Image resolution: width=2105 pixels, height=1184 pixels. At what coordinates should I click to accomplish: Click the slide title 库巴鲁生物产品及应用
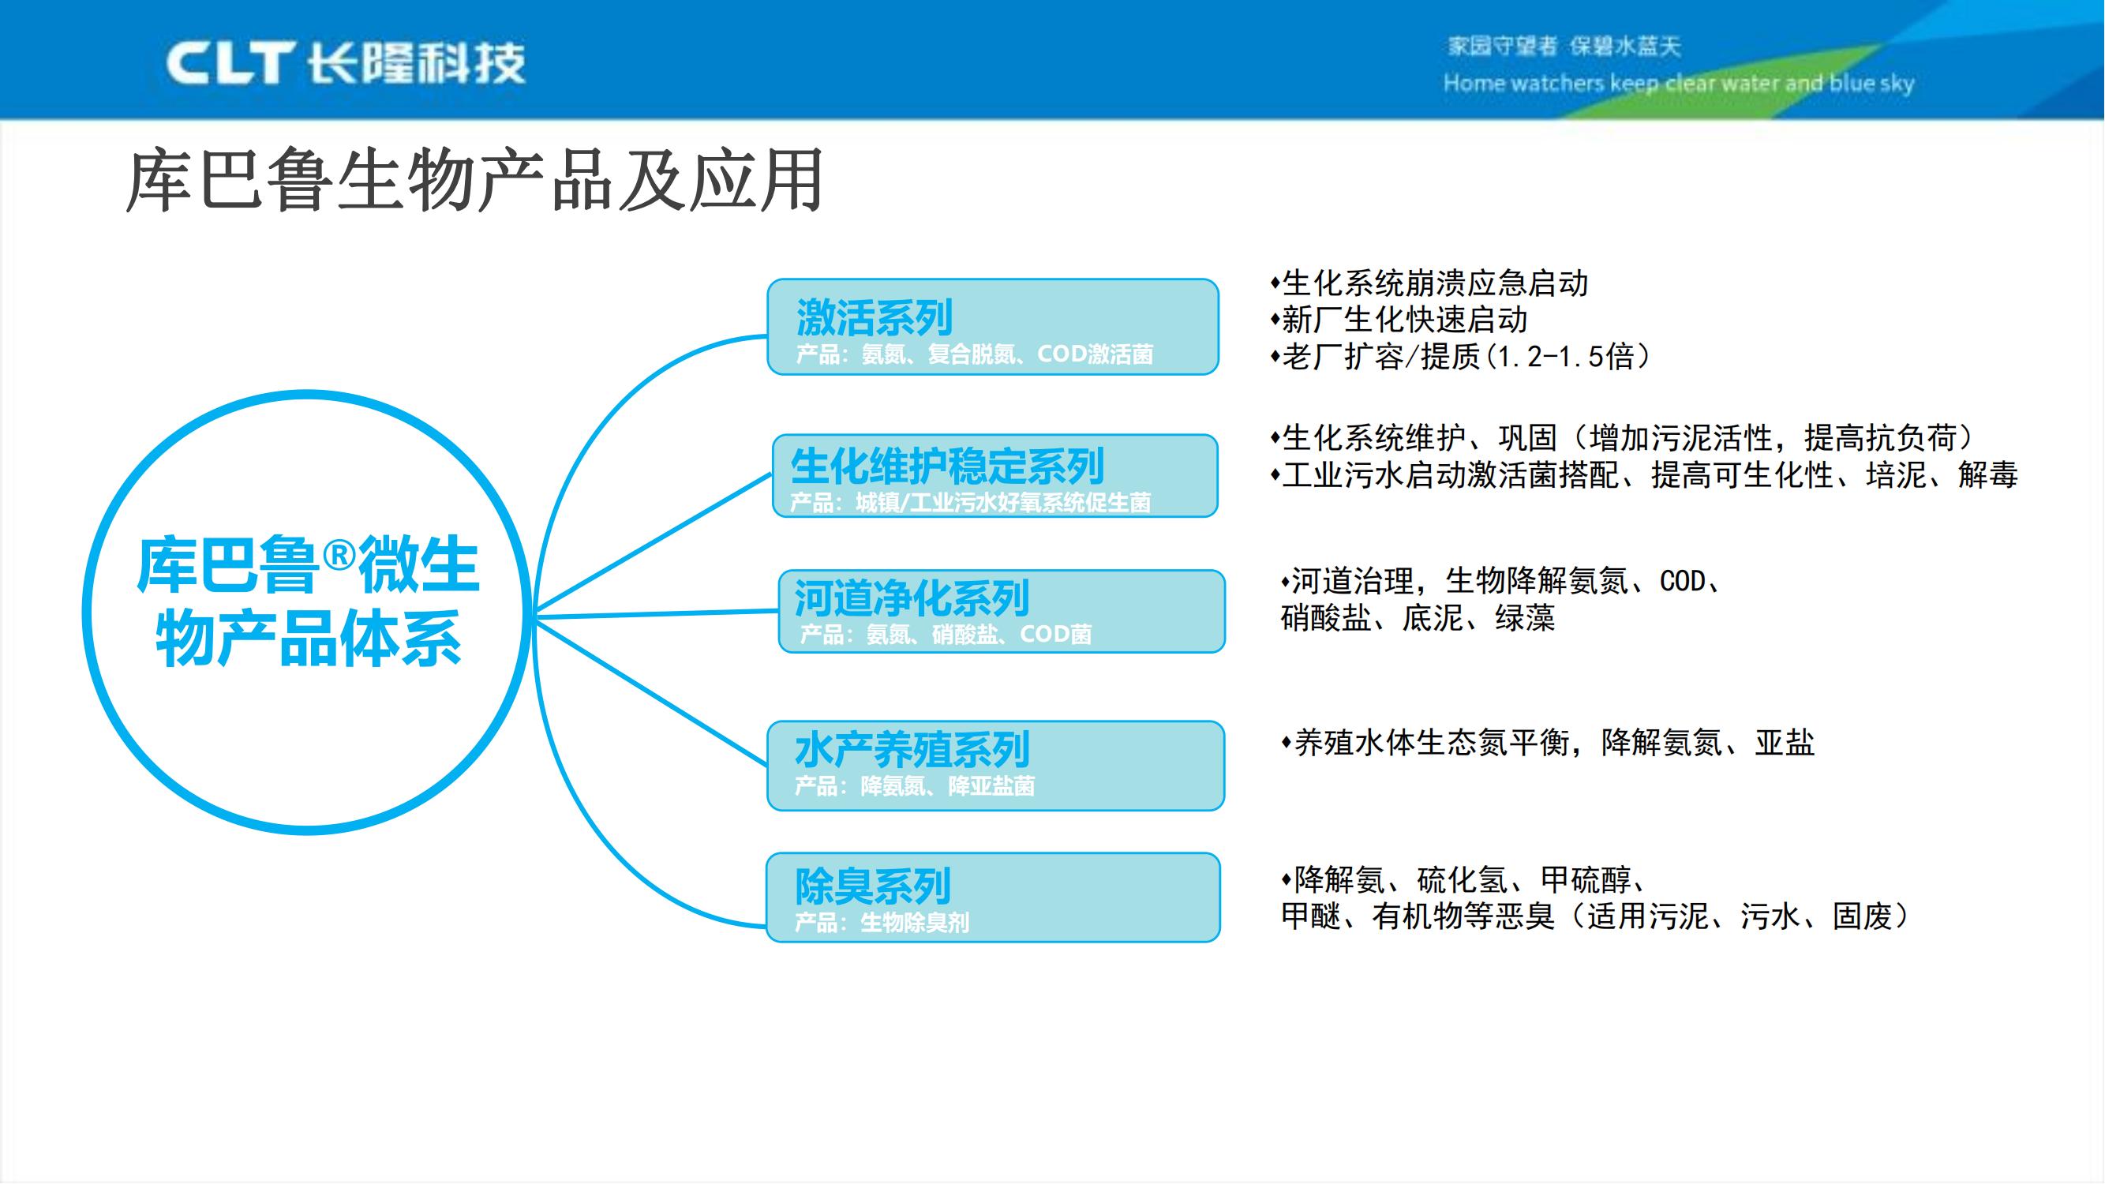(474, 182)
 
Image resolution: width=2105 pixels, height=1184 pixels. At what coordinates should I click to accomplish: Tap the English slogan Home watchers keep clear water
(1678, 84)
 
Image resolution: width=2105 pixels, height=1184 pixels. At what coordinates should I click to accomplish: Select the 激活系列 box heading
(874, 317)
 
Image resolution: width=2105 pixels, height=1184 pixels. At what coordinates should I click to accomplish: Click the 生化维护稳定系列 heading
(947, 466)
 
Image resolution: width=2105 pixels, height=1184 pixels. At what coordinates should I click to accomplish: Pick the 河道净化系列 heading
(911, 598)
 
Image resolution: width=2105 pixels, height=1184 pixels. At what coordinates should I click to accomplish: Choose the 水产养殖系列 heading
(911, 749)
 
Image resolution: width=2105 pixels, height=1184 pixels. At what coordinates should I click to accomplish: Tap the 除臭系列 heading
(872, 886)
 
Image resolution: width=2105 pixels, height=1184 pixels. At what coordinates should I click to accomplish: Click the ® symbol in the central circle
(339, 556)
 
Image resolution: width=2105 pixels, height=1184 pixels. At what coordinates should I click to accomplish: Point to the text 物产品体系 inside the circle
(309, 639)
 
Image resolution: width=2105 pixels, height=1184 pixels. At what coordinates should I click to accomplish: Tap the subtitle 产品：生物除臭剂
(882, 923)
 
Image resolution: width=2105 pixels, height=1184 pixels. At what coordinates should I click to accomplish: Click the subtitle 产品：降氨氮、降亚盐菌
(915, 786)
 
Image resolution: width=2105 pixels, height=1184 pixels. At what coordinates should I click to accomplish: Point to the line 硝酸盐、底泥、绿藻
(1417, 618)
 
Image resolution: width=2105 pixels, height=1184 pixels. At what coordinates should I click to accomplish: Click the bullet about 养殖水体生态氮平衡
(1547, 743)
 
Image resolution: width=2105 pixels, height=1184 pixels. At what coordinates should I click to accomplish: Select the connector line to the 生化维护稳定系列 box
(654, 543)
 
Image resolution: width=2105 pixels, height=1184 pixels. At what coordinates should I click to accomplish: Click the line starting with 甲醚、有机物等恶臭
(1594, 916)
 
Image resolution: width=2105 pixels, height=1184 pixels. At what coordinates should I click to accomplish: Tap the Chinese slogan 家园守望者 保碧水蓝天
(1564, 47)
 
